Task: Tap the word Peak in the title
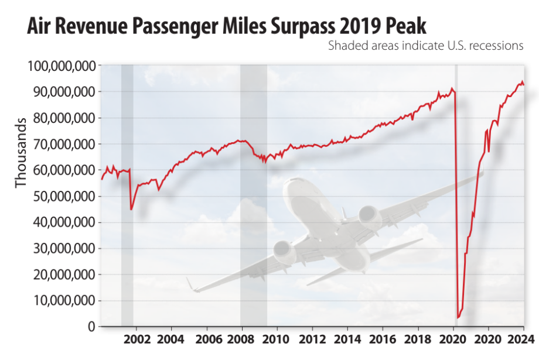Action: click(400, 26)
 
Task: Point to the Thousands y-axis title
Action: click(21, 153)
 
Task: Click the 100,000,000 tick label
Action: click(62, 66)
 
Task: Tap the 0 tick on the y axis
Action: click(91, 327)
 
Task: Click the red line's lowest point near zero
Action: click(458, 317)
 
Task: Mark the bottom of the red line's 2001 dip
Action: click(131, 209)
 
